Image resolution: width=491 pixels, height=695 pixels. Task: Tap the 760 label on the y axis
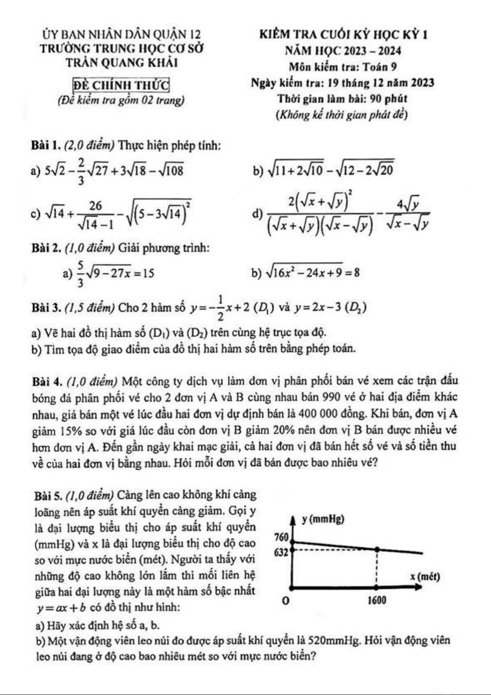click(282, 537)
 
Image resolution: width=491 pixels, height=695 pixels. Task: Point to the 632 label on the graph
click(281, 552)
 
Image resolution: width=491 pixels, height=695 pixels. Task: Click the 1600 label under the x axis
click(376, 600)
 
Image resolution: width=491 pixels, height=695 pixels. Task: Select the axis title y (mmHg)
click(323, 519)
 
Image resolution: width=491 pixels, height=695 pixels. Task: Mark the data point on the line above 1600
click(376, 549)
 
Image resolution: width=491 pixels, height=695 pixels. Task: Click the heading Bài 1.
click(46, 145)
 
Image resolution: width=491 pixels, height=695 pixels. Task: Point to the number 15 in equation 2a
click(149, 273)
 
